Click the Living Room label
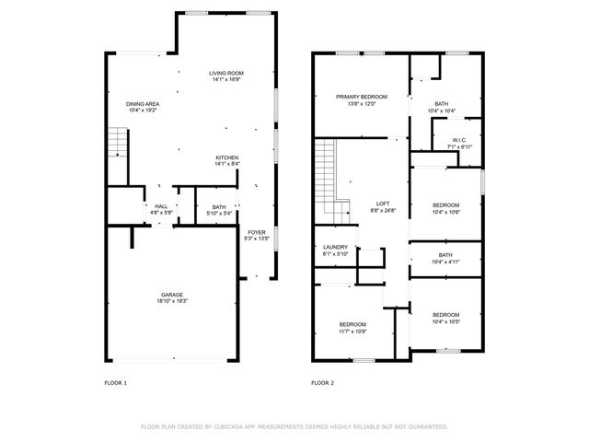[x=225, y=73]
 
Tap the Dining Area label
[x=143, y=104]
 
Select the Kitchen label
[x=227, y=157]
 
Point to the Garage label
[x=172, y=296]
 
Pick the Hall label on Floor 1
[x=161, y=206]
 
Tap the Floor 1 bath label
[x=218, y=207]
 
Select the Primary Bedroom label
[x=361, y=97]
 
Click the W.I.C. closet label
[x=459, y=141]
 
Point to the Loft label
[x=383, y=204]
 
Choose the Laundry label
[x=335, y=247]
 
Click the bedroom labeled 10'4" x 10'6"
[x=445, y=204]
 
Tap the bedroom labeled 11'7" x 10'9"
[x=352, y=324]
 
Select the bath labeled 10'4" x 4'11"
[x=445, y=255]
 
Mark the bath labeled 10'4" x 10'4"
[x=441, y=104]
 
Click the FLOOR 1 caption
[x=116, y=382]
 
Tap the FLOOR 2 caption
[x=322, y=382]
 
